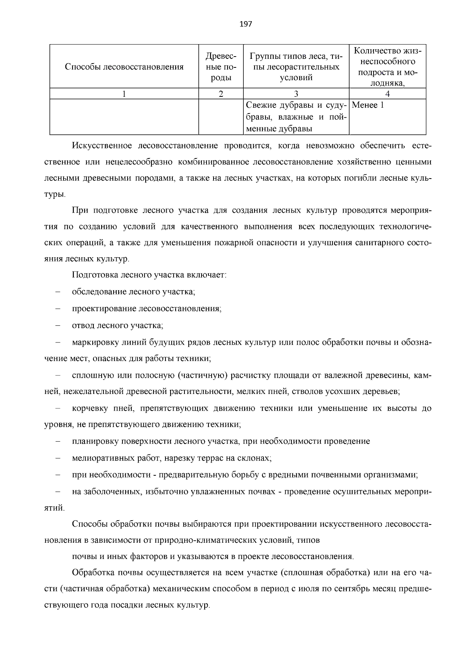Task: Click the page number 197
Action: coord(246,24)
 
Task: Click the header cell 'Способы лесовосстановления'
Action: coord(124,67)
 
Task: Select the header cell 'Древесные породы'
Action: coord(220,67)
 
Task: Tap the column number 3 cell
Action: coord(296,94)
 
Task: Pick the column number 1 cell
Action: coord(124,94)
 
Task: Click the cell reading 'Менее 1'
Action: coord(368,105)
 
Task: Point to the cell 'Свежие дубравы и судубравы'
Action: coord(296,117)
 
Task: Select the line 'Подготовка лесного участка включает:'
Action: coord(149,275)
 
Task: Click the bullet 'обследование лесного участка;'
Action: coord(133,292)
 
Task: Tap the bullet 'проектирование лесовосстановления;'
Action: coord(146,309)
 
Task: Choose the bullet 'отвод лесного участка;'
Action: coord(117,325)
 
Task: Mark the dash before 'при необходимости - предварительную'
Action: coord(58,475)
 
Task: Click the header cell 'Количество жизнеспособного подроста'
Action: coord(387,67)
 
